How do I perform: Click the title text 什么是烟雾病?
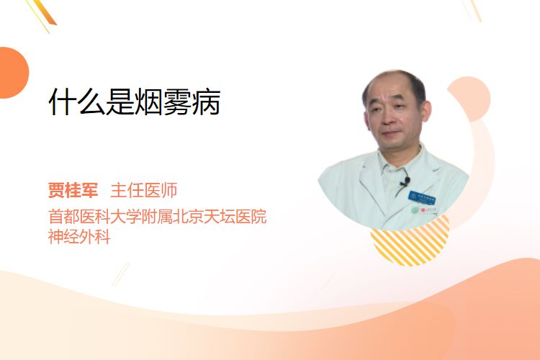[x=135, y=102]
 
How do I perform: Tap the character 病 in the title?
[x=207, y=102]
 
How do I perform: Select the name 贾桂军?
[x=73, y=190]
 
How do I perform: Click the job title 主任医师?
[x=143, y=190]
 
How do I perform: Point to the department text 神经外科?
[x=79, y=237]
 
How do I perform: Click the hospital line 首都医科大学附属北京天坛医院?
[x=158, y=217]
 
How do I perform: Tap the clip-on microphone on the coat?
[x=405, y=181]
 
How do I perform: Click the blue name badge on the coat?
[x=421, y=198]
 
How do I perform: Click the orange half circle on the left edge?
[x=13, y=73]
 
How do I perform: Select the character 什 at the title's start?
[x=63, y=102]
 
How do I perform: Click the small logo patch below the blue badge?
[x=424, y=210]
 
